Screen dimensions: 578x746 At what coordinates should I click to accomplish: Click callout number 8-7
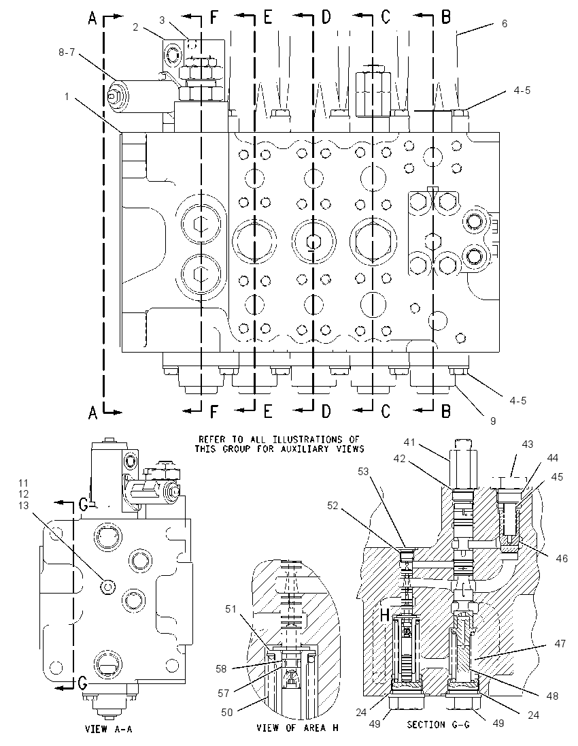point(67,52)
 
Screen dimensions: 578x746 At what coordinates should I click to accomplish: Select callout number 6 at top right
point(505,23)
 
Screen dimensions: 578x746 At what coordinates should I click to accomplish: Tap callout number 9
point(493,421)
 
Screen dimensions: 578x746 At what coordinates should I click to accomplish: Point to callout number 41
point(409,442)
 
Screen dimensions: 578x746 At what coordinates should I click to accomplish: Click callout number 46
point(562,558)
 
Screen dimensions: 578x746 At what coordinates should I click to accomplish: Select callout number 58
point(222,669)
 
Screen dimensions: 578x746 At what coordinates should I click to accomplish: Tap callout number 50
point(227,712)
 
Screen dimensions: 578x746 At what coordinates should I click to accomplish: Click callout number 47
point(560,644)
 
